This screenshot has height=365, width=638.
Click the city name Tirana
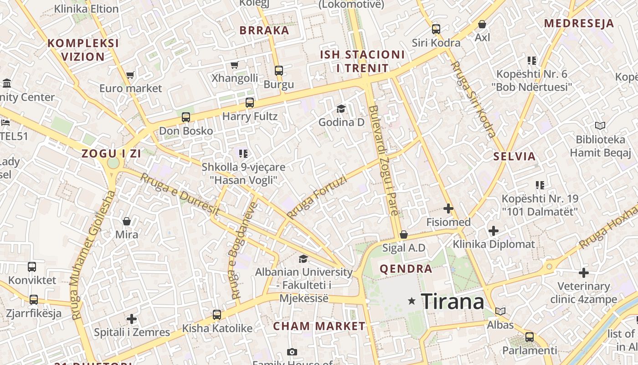(x=452, y=301)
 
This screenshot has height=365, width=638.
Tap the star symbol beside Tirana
(x=412, y=301)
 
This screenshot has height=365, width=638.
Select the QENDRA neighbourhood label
(x=406, y=269)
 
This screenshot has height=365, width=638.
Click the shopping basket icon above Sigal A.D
(x=403, y=235)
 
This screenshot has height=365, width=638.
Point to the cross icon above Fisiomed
(x=448, y=209)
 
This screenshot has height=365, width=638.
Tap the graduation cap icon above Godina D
(x=341, y=109)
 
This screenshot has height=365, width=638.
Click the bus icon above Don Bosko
(x=186, y=117)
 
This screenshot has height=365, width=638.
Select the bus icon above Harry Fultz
(x=250, y=103)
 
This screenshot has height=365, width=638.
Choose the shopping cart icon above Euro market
(x=130, y=75)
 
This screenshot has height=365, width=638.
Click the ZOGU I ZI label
(x=111, y=154)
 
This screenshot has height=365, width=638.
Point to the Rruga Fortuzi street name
(x=317, y=197)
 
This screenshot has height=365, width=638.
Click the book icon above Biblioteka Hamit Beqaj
(x=600, y=125)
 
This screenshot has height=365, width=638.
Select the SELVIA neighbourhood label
(x=515, y=156)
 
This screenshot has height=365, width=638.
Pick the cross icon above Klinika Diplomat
(x=494, y=231)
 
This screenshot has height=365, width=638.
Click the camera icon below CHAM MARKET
(x=292, y=352)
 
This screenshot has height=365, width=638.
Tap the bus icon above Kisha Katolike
(x=217, y=315)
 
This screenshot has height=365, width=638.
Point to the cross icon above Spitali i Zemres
(x=132, y=318)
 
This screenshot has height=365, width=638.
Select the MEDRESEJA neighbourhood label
(x=579, y=24)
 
